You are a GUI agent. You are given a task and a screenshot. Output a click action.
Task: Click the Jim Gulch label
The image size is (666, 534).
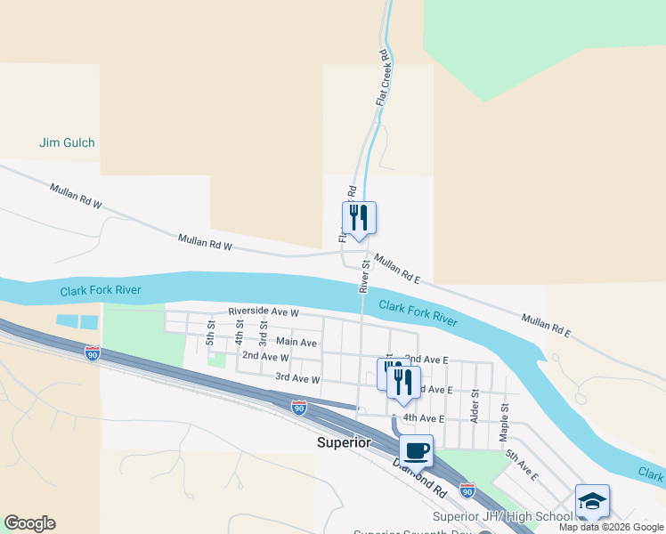coord(67,142)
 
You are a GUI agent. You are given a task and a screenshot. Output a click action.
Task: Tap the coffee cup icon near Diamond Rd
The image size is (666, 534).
coord(416,451)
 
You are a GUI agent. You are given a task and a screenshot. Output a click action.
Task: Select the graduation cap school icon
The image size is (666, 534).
coord(592,501)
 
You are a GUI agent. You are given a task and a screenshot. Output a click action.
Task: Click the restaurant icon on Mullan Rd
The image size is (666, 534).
coord(359,217)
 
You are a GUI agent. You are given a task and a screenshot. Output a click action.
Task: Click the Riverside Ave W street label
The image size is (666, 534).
coord(264,312)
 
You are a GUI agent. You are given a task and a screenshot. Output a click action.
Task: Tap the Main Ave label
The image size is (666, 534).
coord(296,342)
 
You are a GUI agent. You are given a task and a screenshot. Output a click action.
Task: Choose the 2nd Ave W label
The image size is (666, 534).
coord(265,357)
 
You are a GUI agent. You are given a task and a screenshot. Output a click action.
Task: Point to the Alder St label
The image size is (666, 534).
coord(475,405)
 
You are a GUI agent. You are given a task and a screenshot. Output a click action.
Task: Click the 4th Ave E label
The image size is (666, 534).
coord(423,417)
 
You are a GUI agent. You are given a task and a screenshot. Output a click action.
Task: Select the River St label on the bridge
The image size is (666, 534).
coord(363,275)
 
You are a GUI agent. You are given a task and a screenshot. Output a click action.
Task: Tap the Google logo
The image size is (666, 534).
coord(29,523)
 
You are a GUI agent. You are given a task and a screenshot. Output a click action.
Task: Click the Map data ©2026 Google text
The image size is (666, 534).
coord(611,527)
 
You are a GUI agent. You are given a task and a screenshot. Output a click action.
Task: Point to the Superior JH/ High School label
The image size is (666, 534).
coord(502,516)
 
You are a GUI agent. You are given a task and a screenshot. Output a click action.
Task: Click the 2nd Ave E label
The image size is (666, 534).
coord(426,359)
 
